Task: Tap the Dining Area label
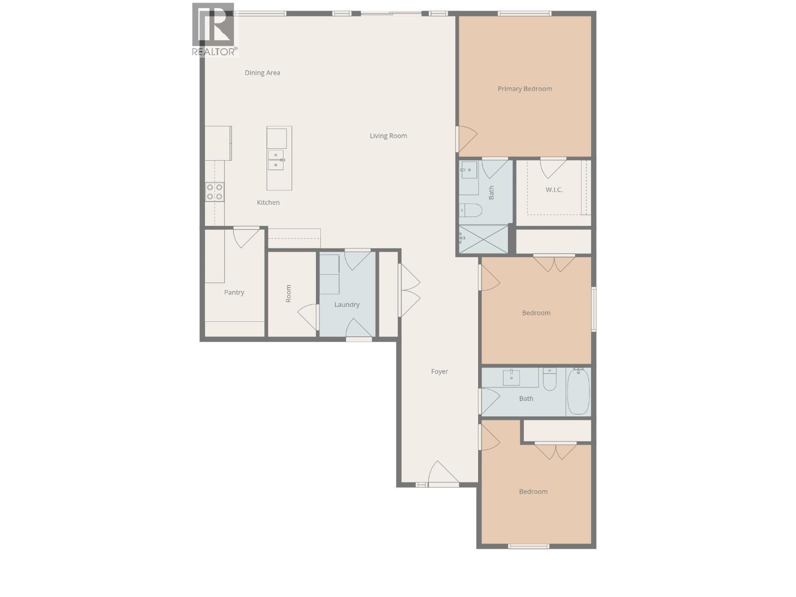point(262,73)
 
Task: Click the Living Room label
point(388,136)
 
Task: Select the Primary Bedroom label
point(524,89)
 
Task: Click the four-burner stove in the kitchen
point(214,192)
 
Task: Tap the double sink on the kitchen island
point(276,160)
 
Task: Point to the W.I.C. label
point(554,190)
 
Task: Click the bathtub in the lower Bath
point(578,392)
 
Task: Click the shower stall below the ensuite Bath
point(483,239)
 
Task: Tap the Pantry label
point(234,293)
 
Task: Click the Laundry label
point(347,304)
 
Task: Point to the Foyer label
point(439,372)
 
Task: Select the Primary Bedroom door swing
point(467,139)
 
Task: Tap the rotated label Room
point(289,294)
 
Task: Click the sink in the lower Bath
point(511,378)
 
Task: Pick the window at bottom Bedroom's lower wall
point(528,546)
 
